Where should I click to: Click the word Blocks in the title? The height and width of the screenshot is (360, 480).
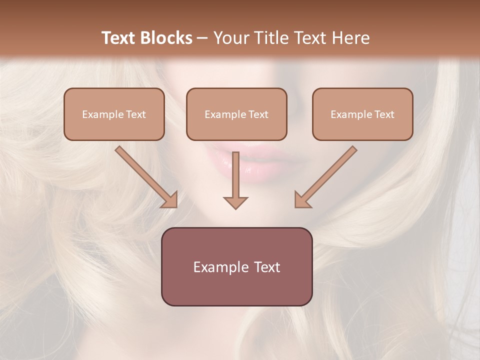pyautogui.click(x=166, y=38)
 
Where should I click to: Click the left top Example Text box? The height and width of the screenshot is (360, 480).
pyautogui.click(x=114, y=114)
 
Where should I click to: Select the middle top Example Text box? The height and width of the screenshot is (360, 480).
pyautogui.click(x=236, y=114)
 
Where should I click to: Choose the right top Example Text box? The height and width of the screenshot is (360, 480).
pyautogui.click(x=362, y=114)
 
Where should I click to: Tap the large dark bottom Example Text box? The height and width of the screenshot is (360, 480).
pyautogui.click(x=236, y=266)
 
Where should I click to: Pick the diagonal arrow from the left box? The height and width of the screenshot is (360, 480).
pyautogui.click(x=145, y=175)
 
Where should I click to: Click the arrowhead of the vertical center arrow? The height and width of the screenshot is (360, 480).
pyautogui.click(x=235, y=202)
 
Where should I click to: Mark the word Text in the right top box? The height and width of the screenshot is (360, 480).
pyautogui.click(x=384, y=114)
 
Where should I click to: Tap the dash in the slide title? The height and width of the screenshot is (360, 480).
pyautogui.click(x=202, y=38)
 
